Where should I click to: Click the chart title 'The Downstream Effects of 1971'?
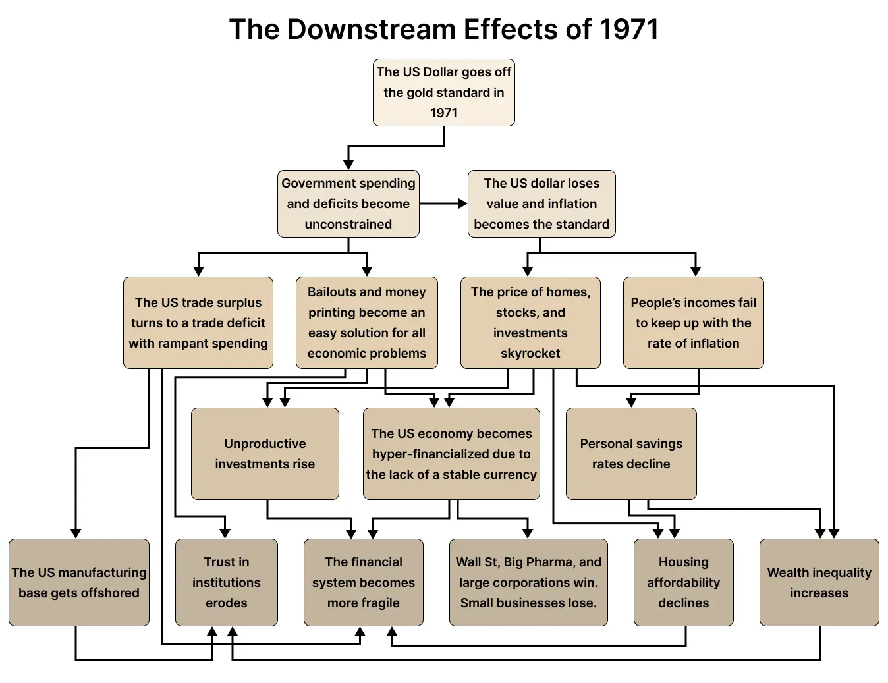(443, 30)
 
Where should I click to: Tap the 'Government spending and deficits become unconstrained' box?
(348, 204)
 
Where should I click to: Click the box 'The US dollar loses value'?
(541, 204)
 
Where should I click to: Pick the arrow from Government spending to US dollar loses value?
(443, 204)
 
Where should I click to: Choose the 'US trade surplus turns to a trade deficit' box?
(198, 322)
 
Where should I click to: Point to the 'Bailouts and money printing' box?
(366, 322)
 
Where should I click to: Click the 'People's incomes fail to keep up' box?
(693, 322)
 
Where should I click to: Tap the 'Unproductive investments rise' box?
(265, 453)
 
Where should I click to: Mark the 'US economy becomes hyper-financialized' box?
(451, 453)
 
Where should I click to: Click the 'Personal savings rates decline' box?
(631, 453)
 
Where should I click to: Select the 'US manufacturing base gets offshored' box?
(79, 582)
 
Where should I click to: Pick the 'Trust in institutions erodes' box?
(226, 582)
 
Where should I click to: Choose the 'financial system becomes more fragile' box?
(363, 582)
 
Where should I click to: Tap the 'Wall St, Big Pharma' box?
(528, 582)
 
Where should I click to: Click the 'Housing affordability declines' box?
(683, 582)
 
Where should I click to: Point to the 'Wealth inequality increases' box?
(819, 582)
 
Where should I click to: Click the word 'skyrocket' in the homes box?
(530, 353)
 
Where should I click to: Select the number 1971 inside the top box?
(443, 113)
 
